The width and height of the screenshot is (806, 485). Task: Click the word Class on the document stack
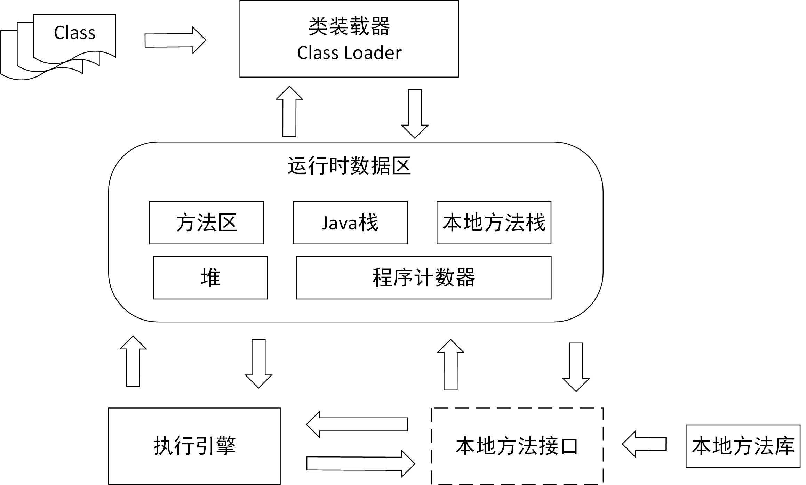74,33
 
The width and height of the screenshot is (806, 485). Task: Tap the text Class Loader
349,53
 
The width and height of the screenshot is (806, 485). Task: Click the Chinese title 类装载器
349,26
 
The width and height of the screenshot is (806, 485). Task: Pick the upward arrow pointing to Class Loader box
289,112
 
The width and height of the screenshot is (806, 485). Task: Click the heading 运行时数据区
349,166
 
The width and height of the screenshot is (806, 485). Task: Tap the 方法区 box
206,223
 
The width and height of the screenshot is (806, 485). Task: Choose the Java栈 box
350,223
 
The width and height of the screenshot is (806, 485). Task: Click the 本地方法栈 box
494,223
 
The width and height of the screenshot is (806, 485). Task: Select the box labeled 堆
210,277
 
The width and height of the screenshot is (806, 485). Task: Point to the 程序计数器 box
423,277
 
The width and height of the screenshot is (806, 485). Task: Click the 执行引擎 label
194,446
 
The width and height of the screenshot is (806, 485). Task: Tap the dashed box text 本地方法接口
517,446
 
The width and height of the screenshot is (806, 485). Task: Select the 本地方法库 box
743,446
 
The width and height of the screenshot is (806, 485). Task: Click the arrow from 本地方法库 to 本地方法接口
644,444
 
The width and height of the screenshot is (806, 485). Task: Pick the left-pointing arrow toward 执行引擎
357,424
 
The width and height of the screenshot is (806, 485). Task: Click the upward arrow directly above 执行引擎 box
133,361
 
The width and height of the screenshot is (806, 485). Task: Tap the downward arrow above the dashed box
576,367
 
